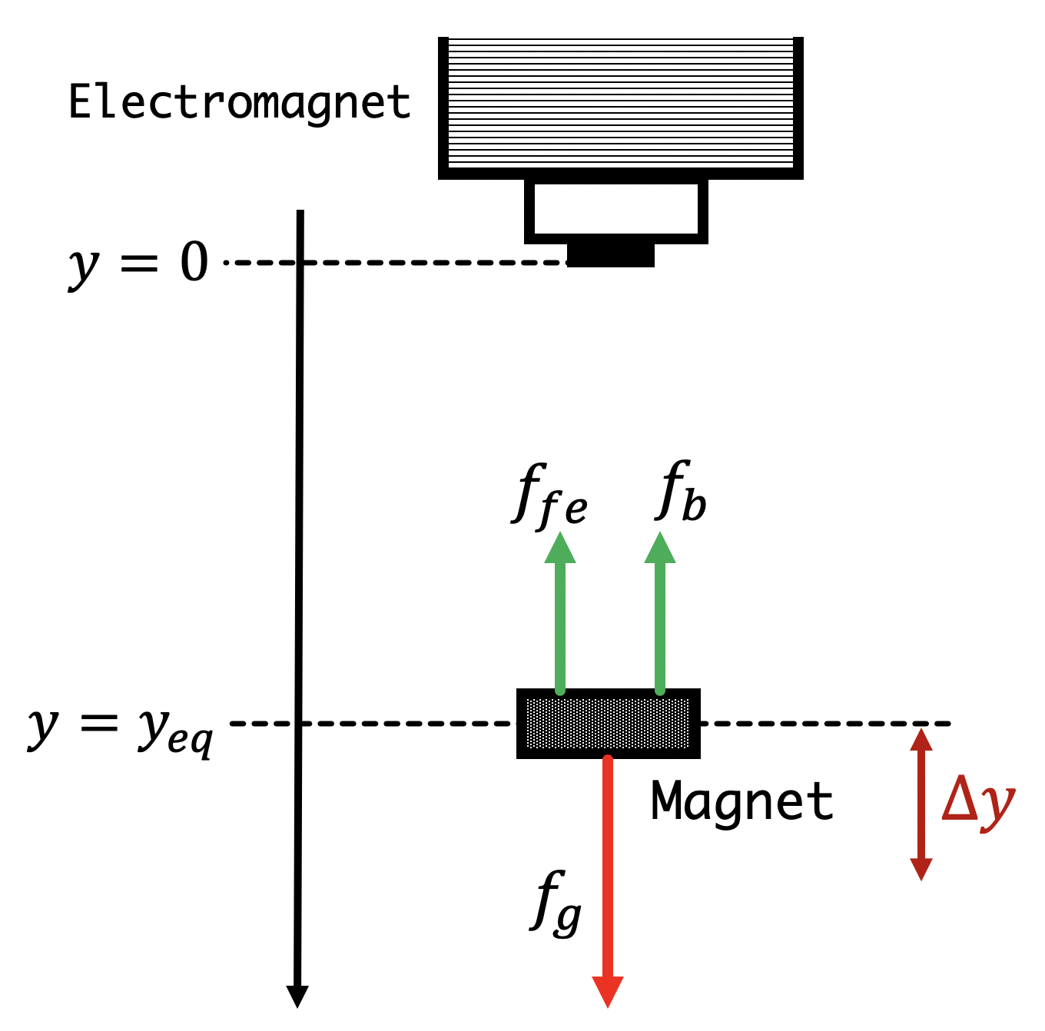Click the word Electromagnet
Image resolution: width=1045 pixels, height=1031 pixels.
(x=239, y=102)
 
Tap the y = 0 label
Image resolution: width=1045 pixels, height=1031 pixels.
(x=139, y=263)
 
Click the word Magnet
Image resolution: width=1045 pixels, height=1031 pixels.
(x=741, y=801)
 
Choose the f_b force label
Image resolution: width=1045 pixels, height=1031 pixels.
(x=682, y=492)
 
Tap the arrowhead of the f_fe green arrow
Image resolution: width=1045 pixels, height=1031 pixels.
(x=560, y=548)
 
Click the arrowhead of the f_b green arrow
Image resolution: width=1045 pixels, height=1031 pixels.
(x=660, y=548)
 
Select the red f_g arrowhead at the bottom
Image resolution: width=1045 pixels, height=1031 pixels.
(x=608, y=991)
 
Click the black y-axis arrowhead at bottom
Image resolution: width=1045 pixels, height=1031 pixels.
(x=297, y=996)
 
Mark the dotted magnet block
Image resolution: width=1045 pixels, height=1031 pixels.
(x=608, y=723)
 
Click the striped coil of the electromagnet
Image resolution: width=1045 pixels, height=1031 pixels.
(x=620, y=103)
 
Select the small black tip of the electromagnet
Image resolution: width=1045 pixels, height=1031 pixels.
(x=611, y=255)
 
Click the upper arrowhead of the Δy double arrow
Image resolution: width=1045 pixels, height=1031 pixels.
(x=921, y=739)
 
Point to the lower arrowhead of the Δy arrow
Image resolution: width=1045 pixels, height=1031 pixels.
(x=921, y=868)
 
